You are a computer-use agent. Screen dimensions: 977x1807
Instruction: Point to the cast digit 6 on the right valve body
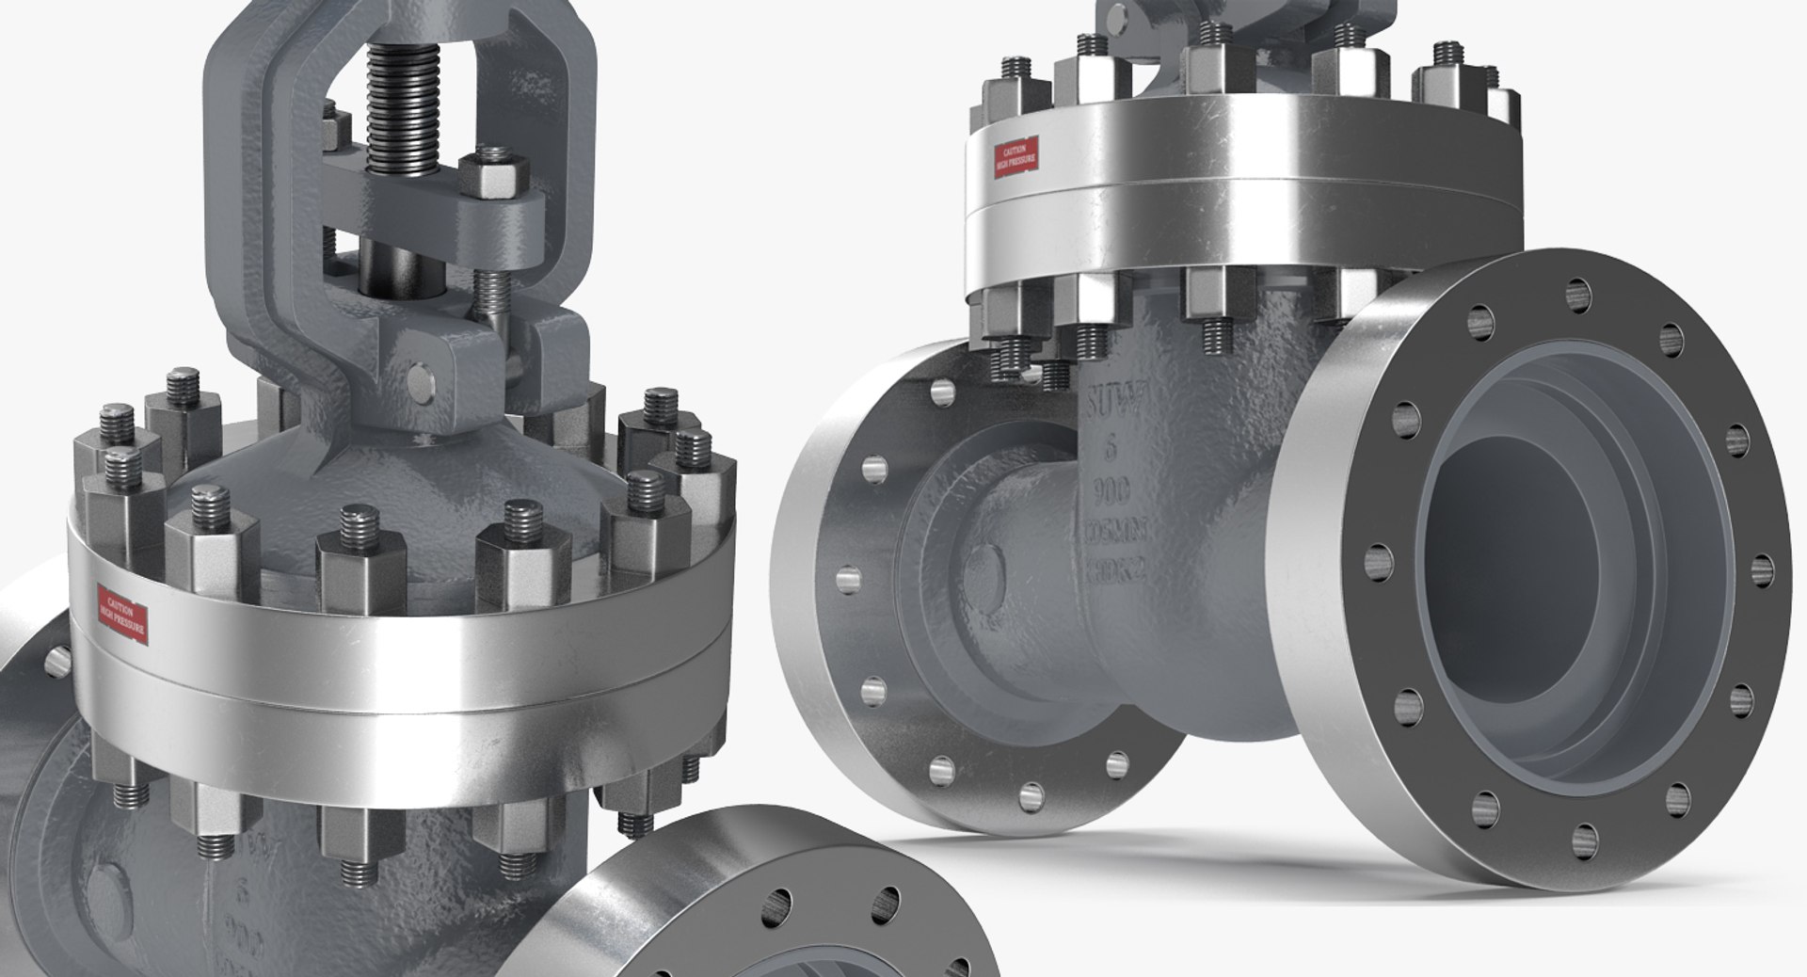pos(1111,449)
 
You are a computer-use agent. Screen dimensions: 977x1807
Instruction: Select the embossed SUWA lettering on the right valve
pos(1111,405)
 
